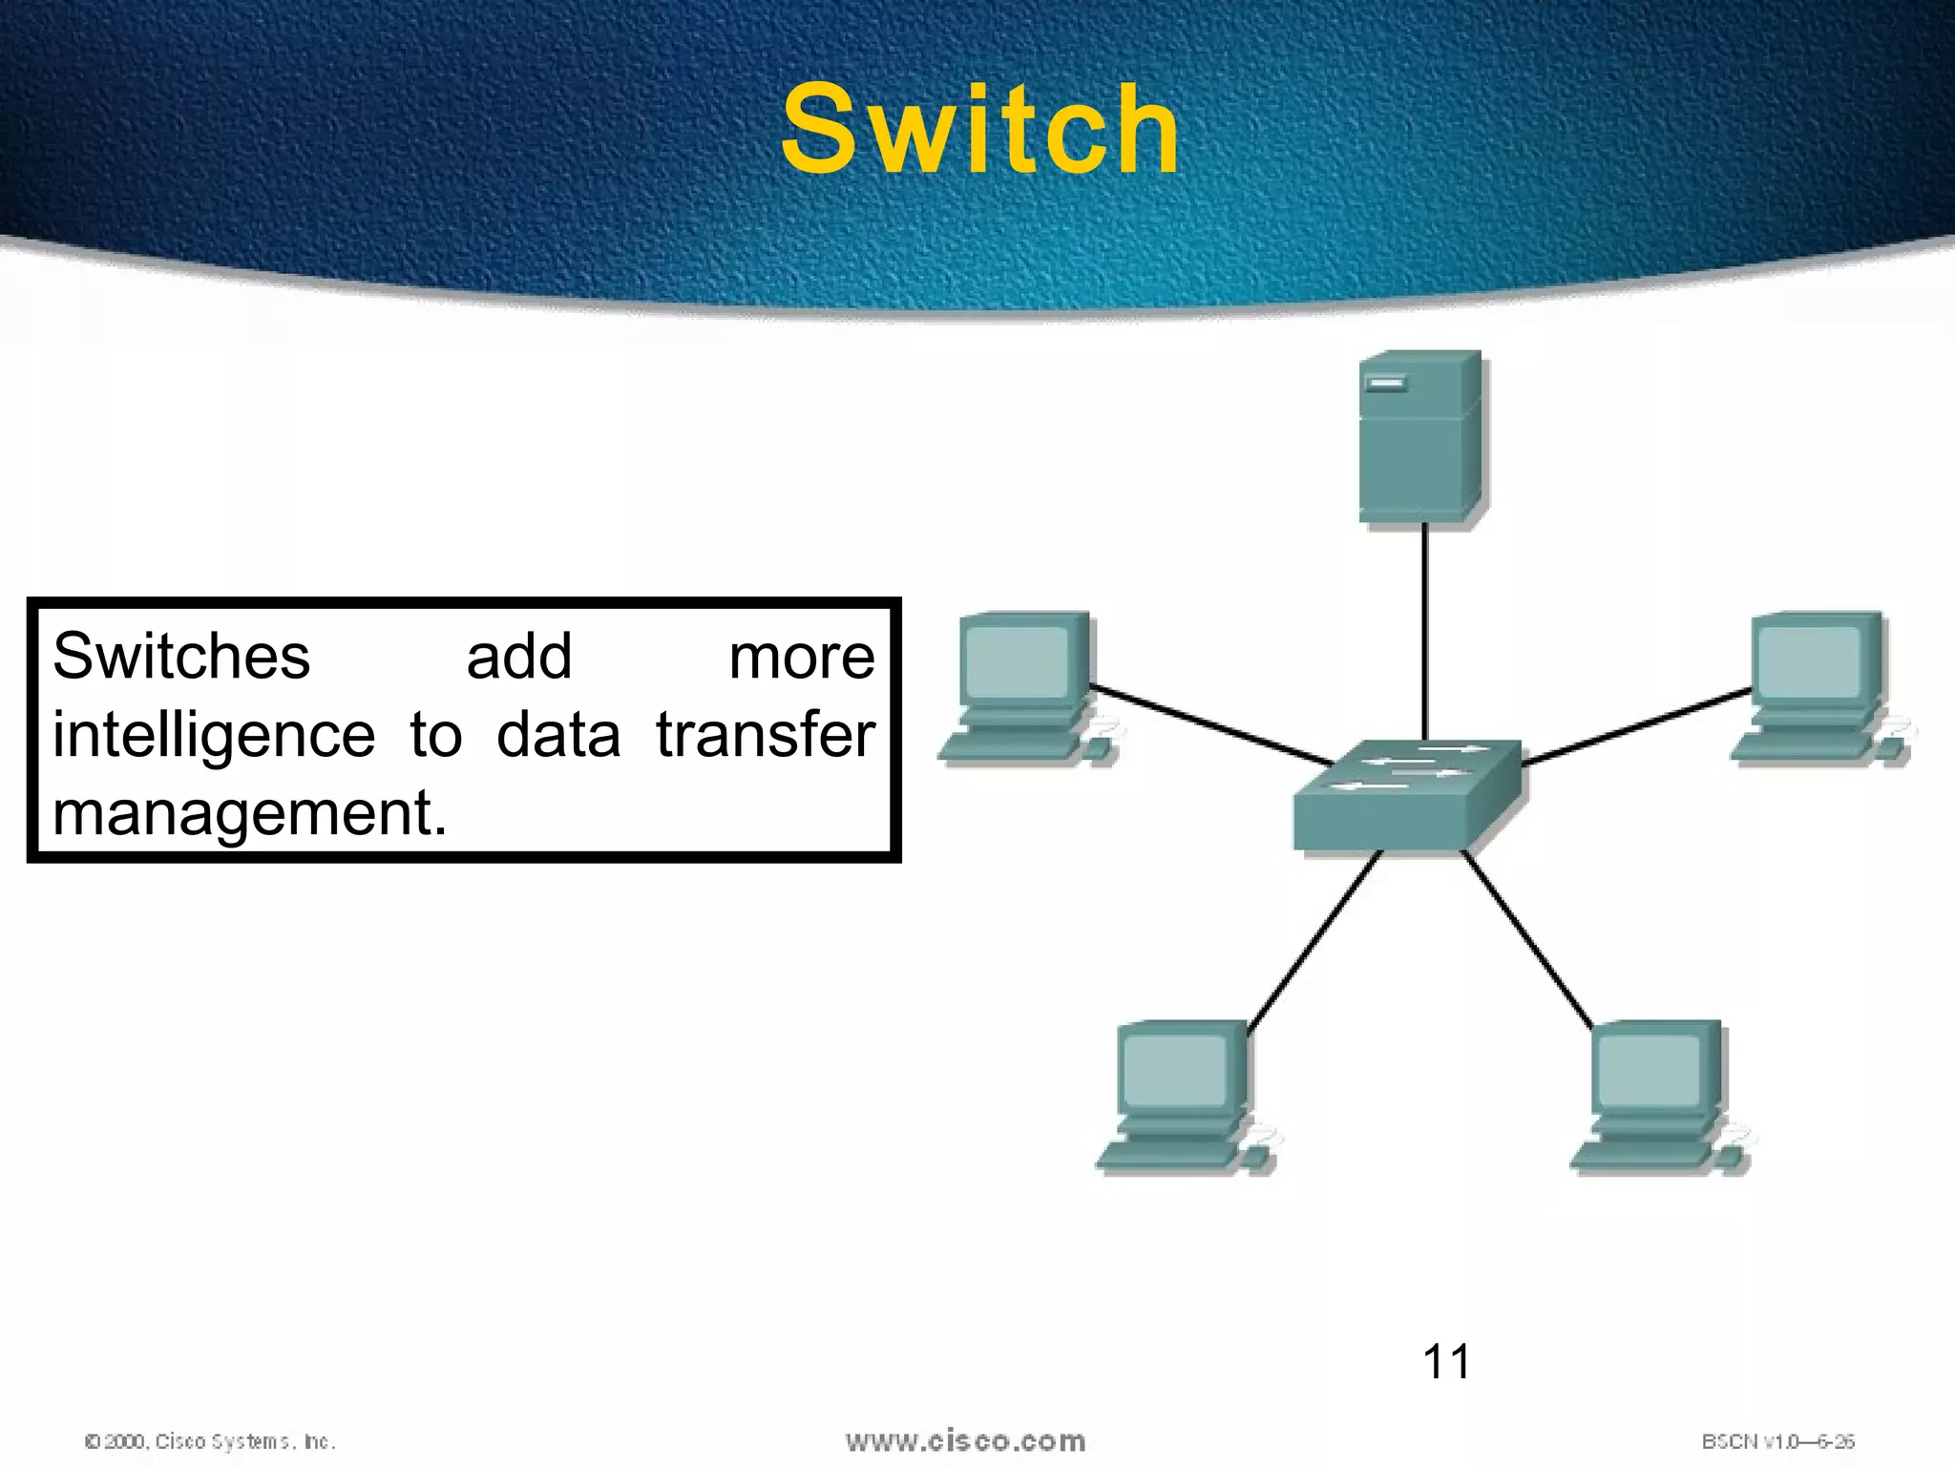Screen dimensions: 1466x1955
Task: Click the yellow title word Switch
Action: (980, 131)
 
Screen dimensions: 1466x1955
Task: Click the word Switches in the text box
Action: (181, 657)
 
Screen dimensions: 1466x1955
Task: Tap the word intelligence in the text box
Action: (214, 737)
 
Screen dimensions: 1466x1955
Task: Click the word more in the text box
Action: (801, 658)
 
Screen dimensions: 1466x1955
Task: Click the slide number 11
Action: (1445, 1361)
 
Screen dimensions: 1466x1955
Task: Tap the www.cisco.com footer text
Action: (965, 1440)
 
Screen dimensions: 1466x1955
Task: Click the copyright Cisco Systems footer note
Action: (210, 1441)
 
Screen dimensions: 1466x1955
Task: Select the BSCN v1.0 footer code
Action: (1777, 1441)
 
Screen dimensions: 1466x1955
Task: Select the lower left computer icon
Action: (1184, 1096)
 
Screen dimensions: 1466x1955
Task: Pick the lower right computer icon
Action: (1659, 1096)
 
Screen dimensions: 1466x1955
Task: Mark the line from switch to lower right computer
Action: (1527, 940)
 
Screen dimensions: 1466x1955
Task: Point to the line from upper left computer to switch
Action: (1212, 725)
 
